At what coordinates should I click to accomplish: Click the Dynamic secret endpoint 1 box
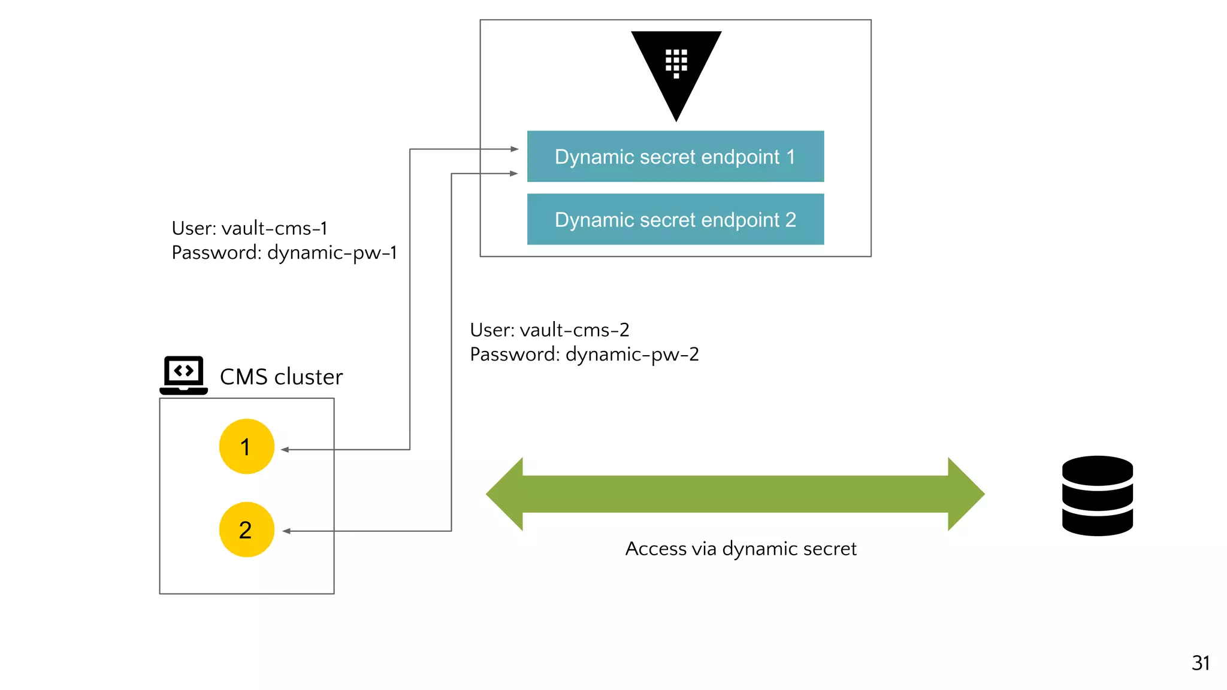(675, 156)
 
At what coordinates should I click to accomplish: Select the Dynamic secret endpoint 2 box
(675, 219)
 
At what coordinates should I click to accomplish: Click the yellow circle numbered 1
(246, 447)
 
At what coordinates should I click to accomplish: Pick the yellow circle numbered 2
(246, 529)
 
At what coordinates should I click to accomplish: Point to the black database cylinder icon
(1097, 496)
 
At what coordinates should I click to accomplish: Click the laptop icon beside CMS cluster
(184, 375)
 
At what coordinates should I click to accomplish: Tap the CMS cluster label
(281, 377)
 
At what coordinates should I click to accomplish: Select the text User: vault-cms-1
(249, 228)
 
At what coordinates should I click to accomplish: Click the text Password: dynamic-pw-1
(284, 253)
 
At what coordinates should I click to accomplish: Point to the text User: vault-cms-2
(549, 330)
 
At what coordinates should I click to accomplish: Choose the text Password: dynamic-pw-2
(584, 355)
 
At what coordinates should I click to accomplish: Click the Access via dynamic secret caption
(741, 549)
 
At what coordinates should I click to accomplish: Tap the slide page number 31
(1200, 663)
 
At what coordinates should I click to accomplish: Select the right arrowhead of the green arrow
(966, 494)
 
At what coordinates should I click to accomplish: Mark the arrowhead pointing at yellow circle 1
(285, 450)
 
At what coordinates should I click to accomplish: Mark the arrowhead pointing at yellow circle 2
(286, 531)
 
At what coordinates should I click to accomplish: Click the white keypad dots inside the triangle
(676, 62)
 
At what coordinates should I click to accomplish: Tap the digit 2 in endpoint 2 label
(790, 220)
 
